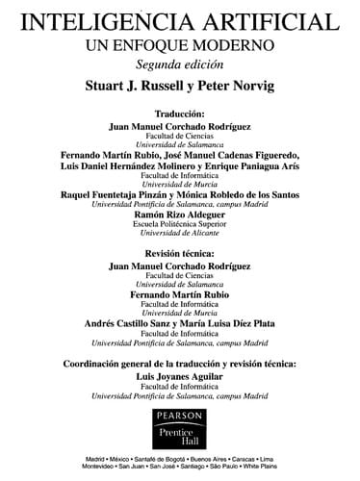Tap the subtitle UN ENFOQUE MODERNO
pos(179,44)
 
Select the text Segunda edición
pos(179,64)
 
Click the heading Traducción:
pos(180,112)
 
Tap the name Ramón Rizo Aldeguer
pos(180,215)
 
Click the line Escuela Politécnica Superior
pos(180,227)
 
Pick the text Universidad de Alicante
pos(180,238)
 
